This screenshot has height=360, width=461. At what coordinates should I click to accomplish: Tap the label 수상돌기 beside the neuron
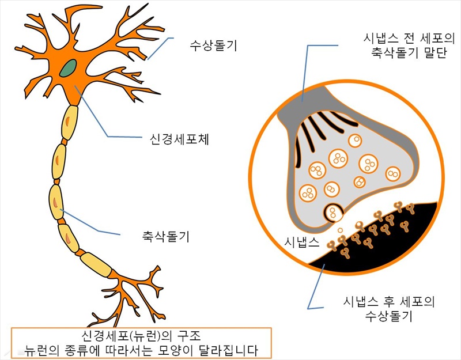[214, 44]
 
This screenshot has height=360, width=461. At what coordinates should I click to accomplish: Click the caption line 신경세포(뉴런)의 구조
[142, 336]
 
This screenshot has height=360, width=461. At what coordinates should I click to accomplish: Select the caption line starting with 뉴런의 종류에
[141, 349]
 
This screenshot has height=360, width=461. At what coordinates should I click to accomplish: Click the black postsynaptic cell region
[398, 242]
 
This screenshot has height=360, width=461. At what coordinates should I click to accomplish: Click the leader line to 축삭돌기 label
[92, 228]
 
